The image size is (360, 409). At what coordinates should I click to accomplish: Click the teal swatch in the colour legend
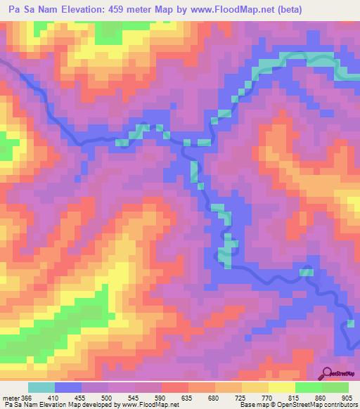coord(41,387)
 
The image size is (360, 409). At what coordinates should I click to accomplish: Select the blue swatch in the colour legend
coord(68,387)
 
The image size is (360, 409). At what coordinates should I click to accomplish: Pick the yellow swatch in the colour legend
coord(282,387)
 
